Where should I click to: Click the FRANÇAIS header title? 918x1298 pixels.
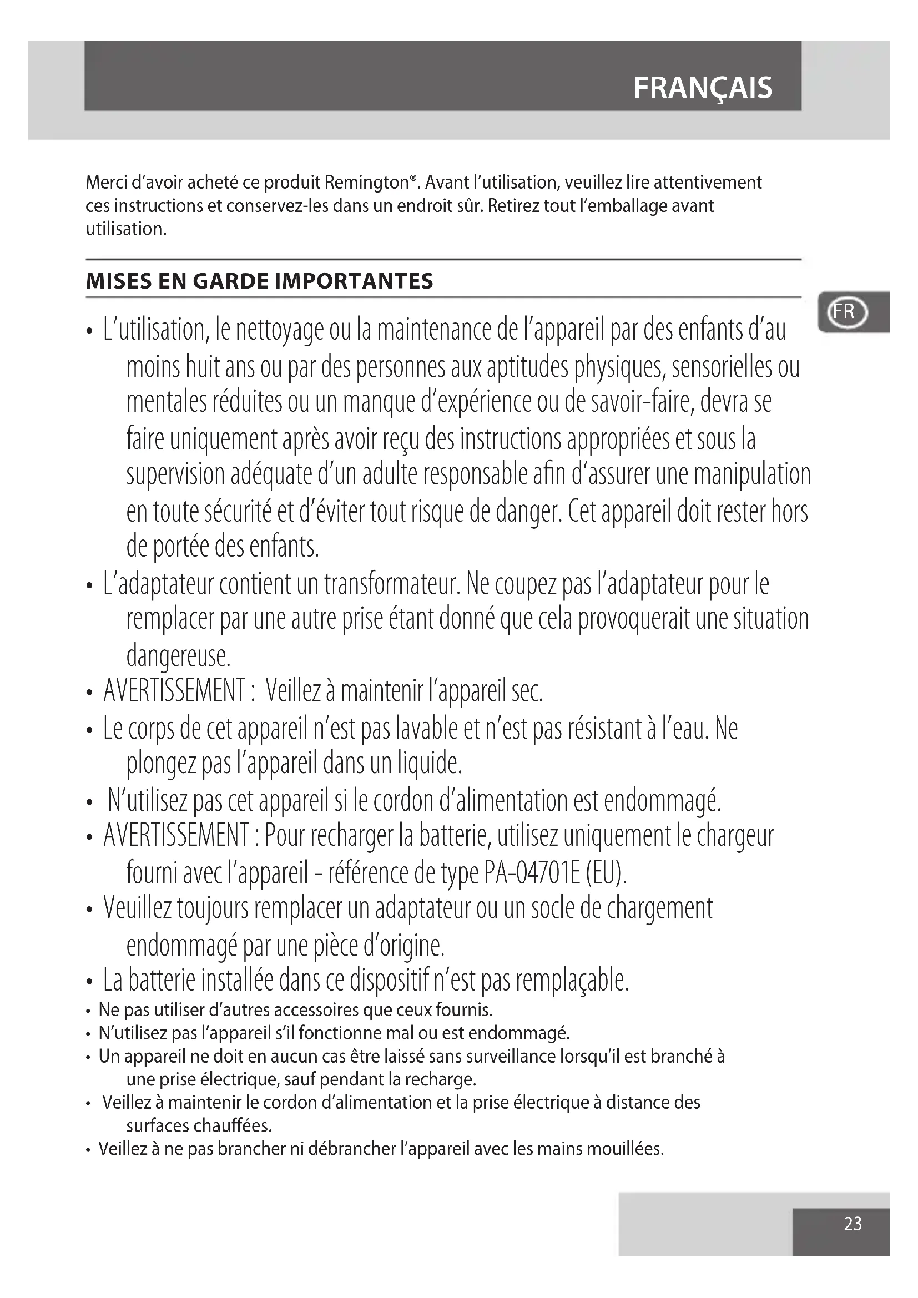point(703,88)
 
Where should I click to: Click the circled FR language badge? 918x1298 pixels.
point(846,312)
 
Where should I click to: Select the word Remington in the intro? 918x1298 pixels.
point(367,183)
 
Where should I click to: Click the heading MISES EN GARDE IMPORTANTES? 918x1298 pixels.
point(259,281)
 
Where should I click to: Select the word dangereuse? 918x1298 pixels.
point(178,656)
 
